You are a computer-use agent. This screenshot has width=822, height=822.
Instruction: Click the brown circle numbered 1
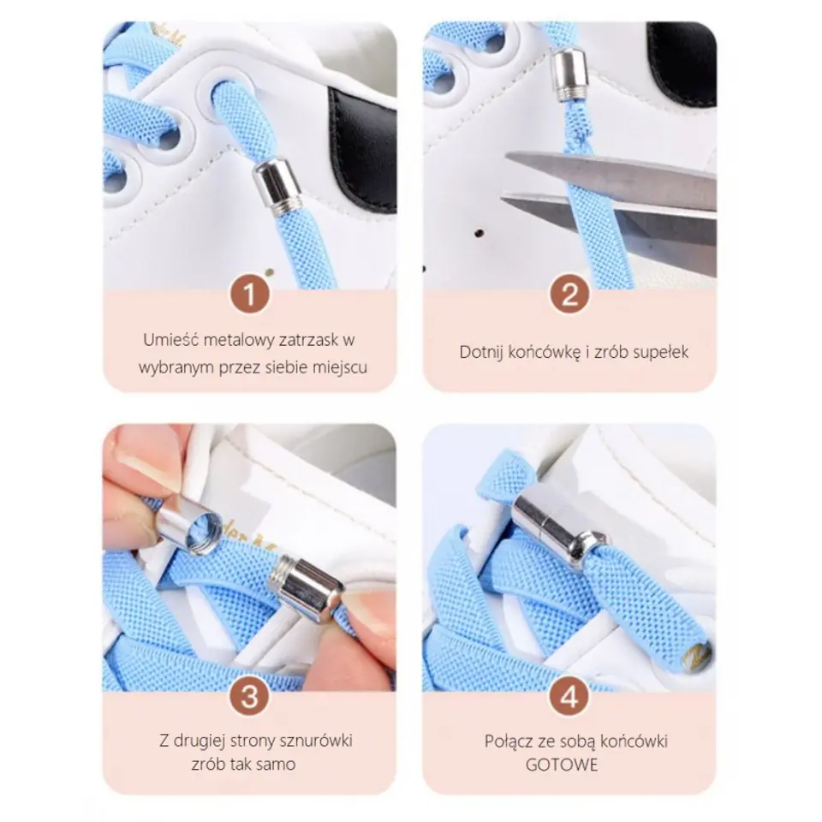click(x=250, y=294)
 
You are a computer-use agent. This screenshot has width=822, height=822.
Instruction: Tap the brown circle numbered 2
click(x=570, y=294)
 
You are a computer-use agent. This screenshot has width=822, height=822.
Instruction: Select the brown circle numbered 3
click(x=250, y=697)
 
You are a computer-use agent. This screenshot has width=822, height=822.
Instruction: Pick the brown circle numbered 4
click(x=570, y=697)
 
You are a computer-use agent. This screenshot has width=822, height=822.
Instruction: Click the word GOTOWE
click(x=562, y=765)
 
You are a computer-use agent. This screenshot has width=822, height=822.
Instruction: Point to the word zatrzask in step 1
click(x=308, y=340)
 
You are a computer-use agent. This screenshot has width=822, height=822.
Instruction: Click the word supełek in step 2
click(x=660, y=352)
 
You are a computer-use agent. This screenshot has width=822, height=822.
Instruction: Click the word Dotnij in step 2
click(x=480, y=352)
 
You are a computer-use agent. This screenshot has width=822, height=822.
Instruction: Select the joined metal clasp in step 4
click(x=557, y=531)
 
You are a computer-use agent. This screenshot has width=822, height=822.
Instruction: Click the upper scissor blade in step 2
click(x=618, y=171)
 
